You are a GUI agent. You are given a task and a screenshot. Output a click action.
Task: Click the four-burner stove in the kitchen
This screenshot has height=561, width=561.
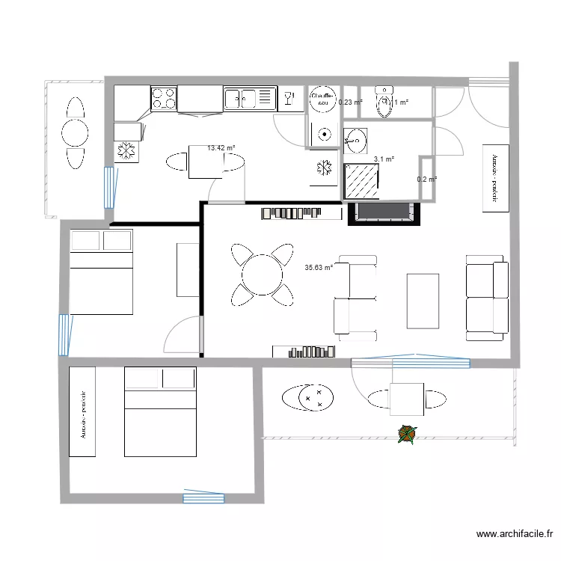coord(164,99)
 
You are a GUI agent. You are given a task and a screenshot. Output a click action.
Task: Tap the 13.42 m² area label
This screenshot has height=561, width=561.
coord(221,148)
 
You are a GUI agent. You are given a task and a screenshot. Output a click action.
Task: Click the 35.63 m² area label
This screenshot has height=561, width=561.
coord(319,267)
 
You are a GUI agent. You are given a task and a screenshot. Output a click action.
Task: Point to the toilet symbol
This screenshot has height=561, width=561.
coord(384,105)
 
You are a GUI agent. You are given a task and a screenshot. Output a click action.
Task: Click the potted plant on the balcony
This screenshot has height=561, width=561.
coord(407,433)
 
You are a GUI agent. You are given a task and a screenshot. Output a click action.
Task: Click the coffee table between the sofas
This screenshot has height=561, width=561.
coord(422,301)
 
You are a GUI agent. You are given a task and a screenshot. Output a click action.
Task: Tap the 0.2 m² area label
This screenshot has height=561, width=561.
coord(426,180)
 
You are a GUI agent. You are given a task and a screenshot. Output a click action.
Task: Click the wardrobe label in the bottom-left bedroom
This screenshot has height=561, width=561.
coord(82,411)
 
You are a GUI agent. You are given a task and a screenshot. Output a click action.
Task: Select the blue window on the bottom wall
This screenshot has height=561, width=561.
coord(203,496)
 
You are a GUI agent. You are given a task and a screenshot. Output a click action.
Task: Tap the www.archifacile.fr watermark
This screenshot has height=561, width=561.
coord(515,534)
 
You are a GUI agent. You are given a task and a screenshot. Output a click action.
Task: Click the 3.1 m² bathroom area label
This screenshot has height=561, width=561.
coord(384,159)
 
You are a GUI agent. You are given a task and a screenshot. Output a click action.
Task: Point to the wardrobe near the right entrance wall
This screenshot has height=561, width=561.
coord(495,178)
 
